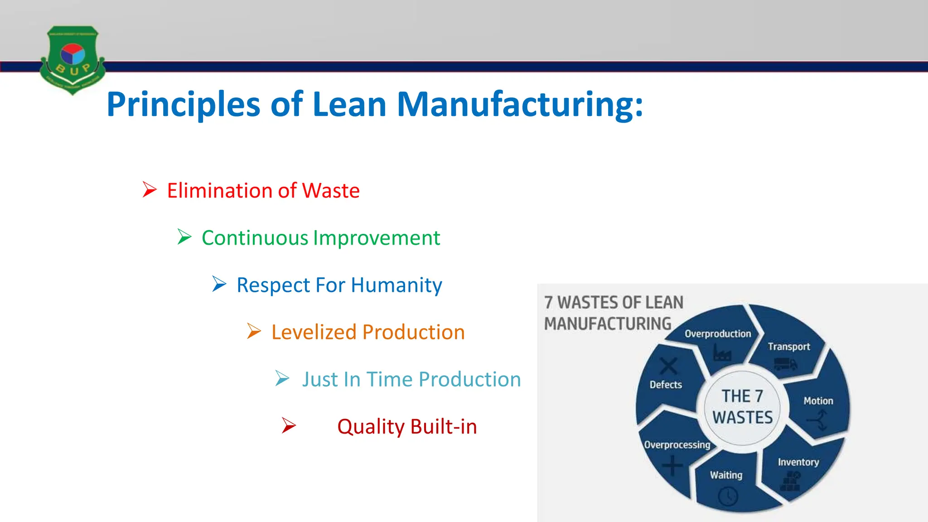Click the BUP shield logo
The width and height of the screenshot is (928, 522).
pyautogui.click(x=72, y=60)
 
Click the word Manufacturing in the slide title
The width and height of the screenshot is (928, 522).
pyautogui.click(x=520, y=105)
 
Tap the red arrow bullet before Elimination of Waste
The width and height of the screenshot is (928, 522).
pyautogui.click(x=150, y=189)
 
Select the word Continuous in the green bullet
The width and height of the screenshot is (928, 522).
pyautogui.click(x=255, y=238)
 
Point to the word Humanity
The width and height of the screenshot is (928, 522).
pyautogui.click(x=396, y=285)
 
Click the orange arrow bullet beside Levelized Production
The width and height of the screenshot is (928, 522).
pyautogui.click(x=254, y=331)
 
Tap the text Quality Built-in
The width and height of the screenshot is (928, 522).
pyautogui.click(x=407, y=427)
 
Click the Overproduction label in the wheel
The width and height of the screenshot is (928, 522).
pyautogui.click(x=718, y=334)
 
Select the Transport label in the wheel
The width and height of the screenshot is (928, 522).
pyautogui.click(x=788, y=347)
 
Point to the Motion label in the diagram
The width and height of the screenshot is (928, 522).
pyautogui.click(x=818, y=401)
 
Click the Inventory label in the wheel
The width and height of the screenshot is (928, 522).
pyautogui.click(x=798, y=462)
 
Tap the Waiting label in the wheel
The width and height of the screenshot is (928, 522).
pyautogui.click(x=726, y=475)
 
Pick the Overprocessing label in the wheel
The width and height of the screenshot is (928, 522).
pyautogui.click(x=677, y=445)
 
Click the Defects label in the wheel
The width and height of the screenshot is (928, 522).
pyautogui.click(x=666, y=385)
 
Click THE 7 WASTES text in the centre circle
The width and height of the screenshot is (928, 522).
pyautogui.click(x=742, y=407)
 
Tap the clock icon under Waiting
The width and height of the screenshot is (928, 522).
pyautogui.click(x=728, y=496)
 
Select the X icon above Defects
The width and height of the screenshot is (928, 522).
pyautogui.click(x=668, y=366)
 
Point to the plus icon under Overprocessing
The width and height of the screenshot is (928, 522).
pyautogui.click(x=672, y=465)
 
